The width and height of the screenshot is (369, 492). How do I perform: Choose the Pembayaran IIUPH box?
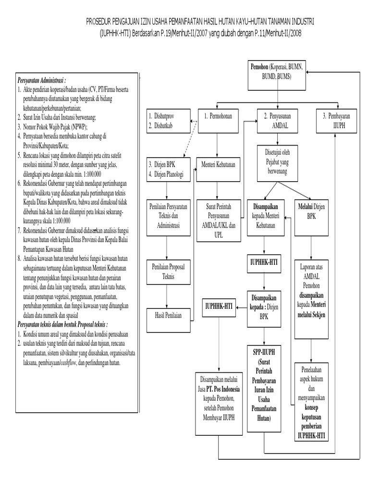coord(336,121)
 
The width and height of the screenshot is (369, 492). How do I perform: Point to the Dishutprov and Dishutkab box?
coord(166,121)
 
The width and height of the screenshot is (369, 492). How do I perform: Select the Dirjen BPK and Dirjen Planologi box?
coord(166,169)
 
